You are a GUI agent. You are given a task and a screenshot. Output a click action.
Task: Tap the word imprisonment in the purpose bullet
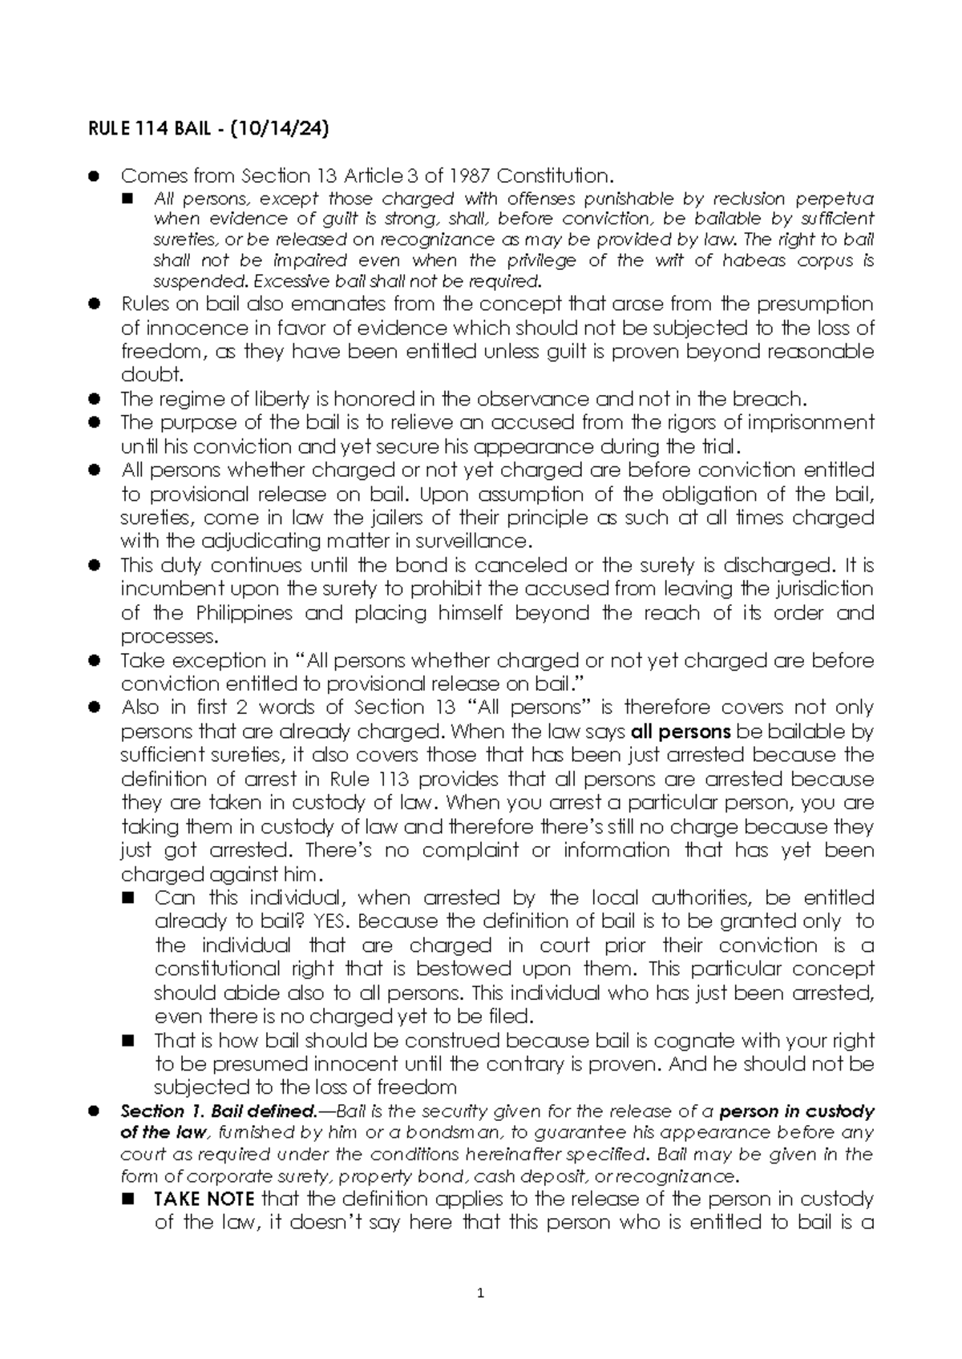806,422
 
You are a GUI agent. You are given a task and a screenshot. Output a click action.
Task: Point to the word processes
168,637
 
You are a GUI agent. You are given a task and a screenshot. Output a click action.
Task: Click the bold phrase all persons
681,732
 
